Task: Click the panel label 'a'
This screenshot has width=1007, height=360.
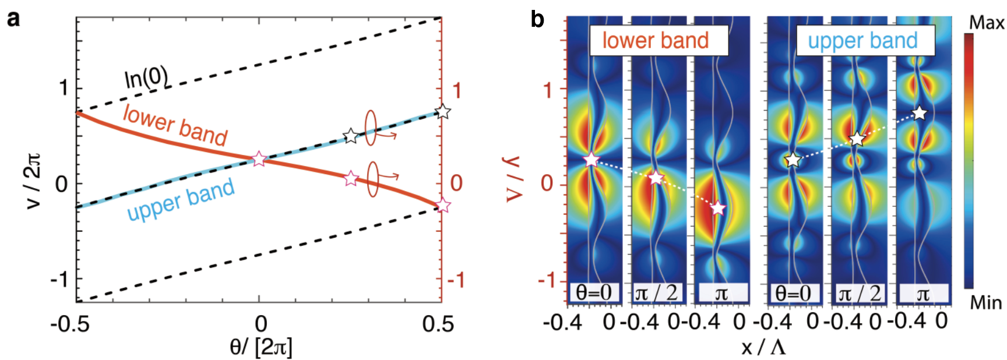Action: [12, 19]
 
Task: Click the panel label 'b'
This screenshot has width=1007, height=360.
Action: [537, 20]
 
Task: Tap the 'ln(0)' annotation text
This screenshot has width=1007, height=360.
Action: [146, 78]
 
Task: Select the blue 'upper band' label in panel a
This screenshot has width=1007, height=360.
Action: [181, 200]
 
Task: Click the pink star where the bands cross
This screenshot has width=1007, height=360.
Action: [259, 159]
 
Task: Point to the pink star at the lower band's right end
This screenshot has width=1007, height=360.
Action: [442, 206]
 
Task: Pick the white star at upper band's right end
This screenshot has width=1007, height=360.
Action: [443, 111]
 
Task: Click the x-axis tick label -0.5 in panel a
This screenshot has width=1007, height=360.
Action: [70, 324]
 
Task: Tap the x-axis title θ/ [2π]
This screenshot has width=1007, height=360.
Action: [260, 348]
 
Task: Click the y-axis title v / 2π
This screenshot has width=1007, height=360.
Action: [33, 181]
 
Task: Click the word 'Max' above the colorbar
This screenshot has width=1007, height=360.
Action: [986, 23]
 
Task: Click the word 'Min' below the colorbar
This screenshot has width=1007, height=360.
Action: [985, 303]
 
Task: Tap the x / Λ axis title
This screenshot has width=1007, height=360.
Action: [763, 348]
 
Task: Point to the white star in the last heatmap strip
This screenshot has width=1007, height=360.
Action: [919, 114]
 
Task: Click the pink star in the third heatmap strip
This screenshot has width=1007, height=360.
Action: [718, 209]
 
